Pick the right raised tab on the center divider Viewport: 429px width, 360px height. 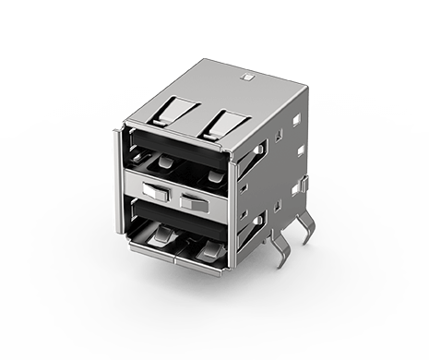click(x=195, y=200)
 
